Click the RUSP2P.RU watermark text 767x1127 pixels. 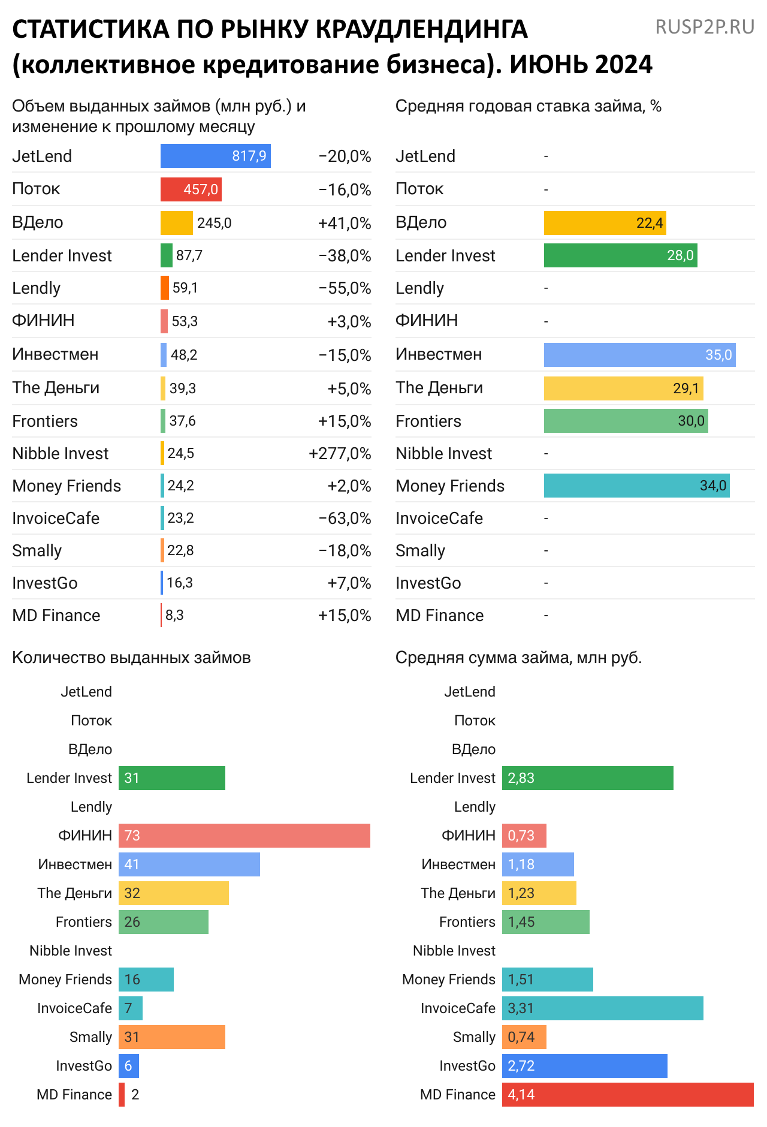[705, 27]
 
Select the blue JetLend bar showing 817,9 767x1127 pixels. [215, 156]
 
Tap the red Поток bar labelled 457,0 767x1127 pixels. [191, 189]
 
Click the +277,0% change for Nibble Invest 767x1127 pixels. [340, 454]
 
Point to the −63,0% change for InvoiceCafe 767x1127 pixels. [345, 519]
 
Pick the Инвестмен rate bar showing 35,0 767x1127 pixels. [639, 355]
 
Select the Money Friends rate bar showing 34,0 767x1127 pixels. [636, 486]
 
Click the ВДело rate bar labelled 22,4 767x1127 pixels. [605, 223]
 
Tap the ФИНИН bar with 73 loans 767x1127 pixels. [244, 836]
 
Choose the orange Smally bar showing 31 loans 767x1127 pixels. [171, 1037]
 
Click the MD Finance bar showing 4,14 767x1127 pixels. [627, 1095]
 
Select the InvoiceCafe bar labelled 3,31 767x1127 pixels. [602, 1008]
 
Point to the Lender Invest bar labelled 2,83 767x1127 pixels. [587, 778]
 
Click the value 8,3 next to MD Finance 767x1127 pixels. [174, 616]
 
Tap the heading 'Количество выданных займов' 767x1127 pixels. [131, 658]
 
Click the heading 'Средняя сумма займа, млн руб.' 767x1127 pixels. [518, 658]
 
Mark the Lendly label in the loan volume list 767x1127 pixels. [37, 288]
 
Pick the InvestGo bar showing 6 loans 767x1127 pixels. [128, 1066]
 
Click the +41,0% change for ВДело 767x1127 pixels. [345, 224]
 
